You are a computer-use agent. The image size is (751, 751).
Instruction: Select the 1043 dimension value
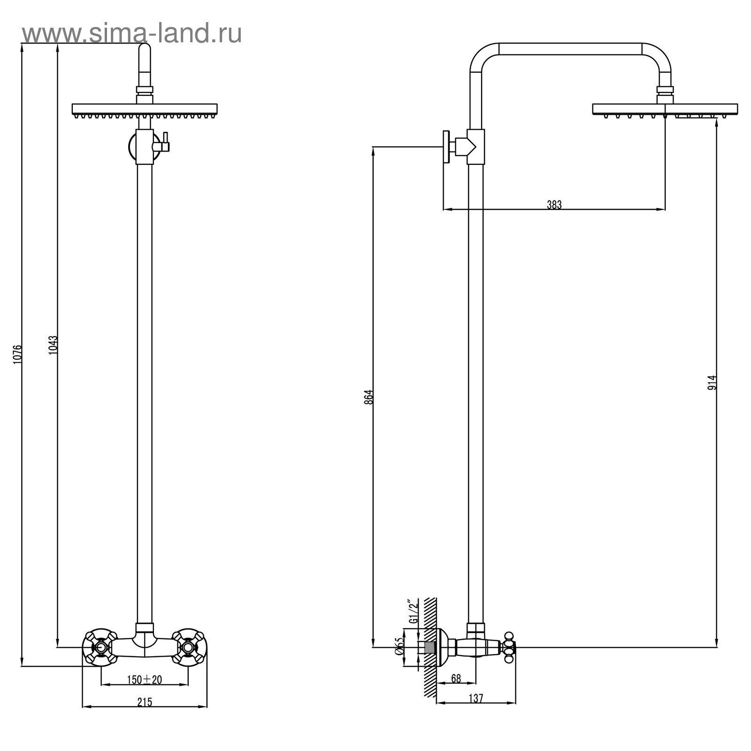53,345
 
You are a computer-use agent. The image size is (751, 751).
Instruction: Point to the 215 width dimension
145,702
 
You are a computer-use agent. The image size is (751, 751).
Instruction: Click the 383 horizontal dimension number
554,204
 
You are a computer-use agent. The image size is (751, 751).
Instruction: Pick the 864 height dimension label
368,397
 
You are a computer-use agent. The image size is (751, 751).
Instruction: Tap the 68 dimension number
455,679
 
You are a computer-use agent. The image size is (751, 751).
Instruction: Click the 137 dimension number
475,698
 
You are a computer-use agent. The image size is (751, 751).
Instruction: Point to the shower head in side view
665,111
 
